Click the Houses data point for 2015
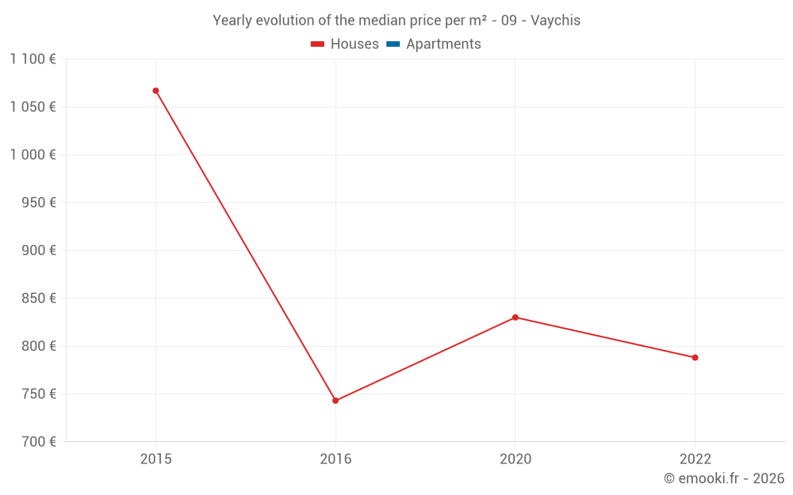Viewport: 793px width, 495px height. point(155,90)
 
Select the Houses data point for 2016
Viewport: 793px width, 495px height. point(335,401)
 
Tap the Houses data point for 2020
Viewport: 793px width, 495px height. point(515,318)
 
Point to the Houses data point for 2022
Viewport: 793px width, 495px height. point(695,357)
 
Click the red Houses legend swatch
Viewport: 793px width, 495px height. point(318,44)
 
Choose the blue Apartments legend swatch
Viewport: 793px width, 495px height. point(393,44)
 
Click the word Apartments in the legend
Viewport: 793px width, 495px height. point(443,44)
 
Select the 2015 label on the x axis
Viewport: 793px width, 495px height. point(155,459)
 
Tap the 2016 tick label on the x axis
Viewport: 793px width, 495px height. point(335,459)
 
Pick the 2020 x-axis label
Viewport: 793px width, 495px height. point(515,459)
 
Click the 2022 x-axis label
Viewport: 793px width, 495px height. point(695,459)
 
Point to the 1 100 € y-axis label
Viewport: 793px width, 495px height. point(33,59)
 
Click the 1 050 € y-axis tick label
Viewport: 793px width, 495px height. point(33,107)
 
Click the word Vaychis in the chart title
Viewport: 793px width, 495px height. point(555,21)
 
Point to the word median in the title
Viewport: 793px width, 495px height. point(378,21)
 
